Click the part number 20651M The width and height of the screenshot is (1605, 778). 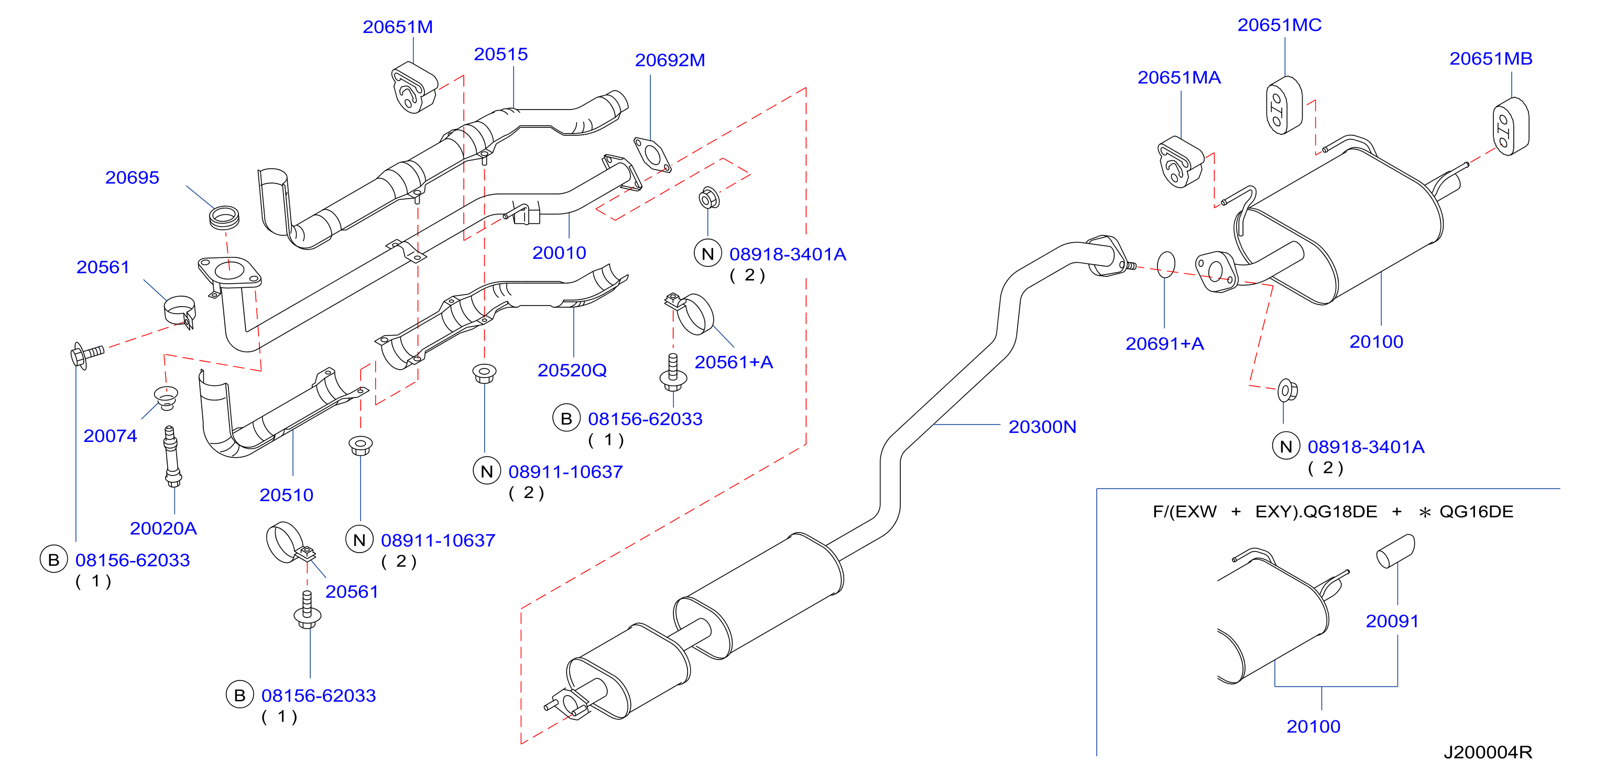(x=398, y=27)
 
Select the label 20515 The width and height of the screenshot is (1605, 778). (x=500, y=54)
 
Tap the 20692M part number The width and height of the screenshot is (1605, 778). (x=670, y=60)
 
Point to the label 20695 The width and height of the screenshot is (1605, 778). (x=132, y=178)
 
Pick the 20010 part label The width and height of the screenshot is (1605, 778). (x=559, y=253)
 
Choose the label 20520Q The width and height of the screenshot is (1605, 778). (x=572, y=370)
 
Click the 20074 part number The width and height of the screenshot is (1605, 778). (x=110, y=436)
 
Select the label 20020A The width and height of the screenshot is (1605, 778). (x=163, y=528)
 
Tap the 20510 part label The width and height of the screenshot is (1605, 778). (x=286, y=495)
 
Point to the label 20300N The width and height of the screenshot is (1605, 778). (x=1042, y=427)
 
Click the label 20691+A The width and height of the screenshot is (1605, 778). (x=1164, y=343)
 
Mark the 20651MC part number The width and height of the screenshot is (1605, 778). (x=1279, y=25)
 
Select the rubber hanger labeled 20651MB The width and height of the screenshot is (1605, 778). (x=1511, y=126)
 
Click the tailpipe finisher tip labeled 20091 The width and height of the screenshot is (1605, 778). (x=1395, y=551)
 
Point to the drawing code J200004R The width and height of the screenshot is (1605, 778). (x=1488, y=752)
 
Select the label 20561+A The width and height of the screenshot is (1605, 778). (x=734, y=362)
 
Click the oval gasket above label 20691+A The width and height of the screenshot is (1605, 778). (x=1166, y=264)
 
